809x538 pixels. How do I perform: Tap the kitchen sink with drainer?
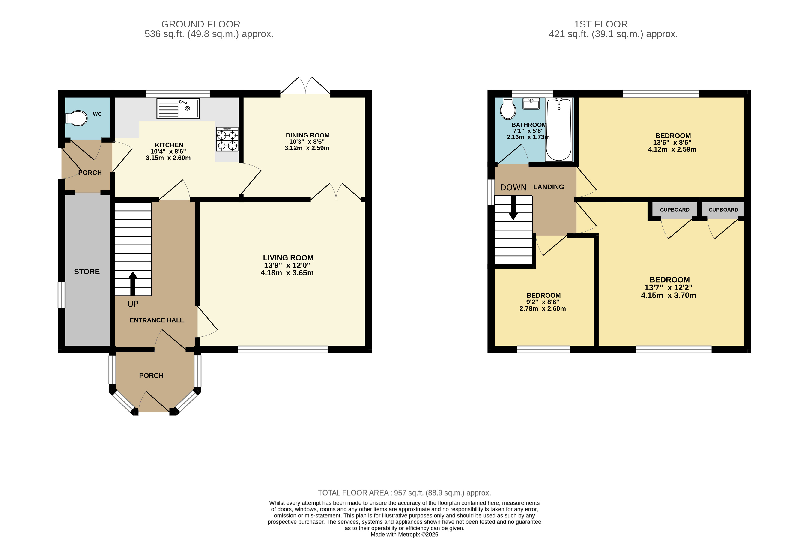[x=178, y=108]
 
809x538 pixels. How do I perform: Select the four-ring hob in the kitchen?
[x=227, y=139]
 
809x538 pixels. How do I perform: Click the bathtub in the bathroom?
[x=558, y=130]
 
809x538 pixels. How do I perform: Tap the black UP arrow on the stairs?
[x=133, y=283]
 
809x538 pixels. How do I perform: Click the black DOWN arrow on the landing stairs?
[x=513, y=207]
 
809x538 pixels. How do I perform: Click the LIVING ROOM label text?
[x=288, y=258]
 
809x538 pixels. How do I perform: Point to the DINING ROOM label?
[x=307, y=135]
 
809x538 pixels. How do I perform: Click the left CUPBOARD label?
[x=675, y=210]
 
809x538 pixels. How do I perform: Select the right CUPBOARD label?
[x=723, y=210]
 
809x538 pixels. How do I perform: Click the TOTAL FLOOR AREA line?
[x=404, y=493]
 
